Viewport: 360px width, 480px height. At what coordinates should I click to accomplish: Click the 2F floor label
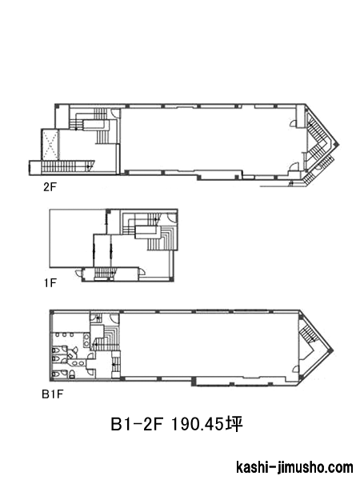(50, 187)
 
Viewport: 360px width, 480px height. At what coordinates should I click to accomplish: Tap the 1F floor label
(50, 283)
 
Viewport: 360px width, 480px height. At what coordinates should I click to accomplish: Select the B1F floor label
(52, 394)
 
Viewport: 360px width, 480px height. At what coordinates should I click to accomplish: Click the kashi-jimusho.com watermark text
(294, 467)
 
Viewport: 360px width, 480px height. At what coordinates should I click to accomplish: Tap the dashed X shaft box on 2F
(50, 144)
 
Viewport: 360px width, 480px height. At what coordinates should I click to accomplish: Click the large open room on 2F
(208, 139)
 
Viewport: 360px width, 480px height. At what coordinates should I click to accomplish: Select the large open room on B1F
(209, 345)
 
